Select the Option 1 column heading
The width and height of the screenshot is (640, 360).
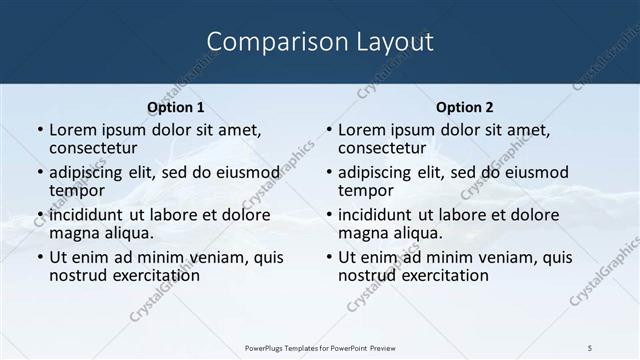tap(175, 107)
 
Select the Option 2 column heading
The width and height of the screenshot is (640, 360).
tap(464, 107)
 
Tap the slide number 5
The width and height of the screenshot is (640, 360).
tap(591, 346)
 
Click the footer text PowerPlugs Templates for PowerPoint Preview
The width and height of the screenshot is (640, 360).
tap(319, 346)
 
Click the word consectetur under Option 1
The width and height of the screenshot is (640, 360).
tap(95, 148)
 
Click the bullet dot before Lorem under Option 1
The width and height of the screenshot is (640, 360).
tap(39, 131)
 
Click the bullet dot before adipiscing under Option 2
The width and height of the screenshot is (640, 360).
tap(328, 173)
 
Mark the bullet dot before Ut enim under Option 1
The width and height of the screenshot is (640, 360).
tap(39, 258)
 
